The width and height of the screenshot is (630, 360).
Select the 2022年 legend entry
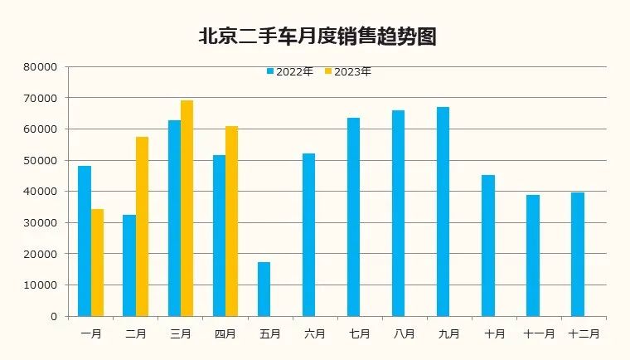pyautogui.click(x=290, y=72)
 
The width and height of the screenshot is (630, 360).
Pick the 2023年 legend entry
pyautogui.click(x=348, y=72)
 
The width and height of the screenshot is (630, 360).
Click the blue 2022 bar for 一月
pyautogui.click(x=85, y=241)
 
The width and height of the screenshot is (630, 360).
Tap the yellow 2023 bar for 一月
pyautogui.click(x=98, y=262)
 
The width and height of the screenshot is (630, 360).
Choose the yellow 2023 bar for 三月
pyautogui.click(x=187, y=208)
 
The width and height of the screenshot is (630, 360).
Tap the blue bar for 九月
pyautogui.click(x=443, y=212)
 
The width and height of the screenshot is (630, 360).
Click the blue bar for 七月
pyautogui.click(x=354, y=216)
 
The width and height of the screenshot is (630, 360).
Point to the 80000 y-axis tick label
pyautogui.click(x=42, y=67)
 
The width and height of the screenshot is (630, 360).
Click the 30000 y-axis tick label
pyautogui.click(x=42, y=223)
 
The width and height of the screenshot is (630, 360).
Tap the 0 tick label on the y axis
pyautogui.click(x=54, y=316)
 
